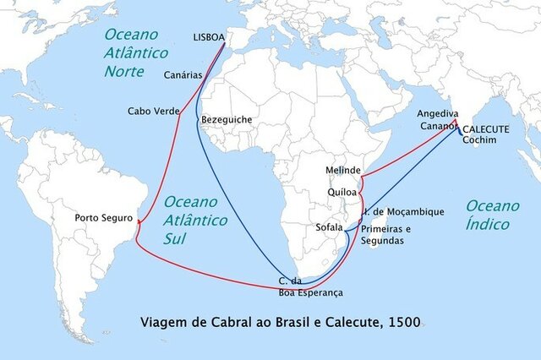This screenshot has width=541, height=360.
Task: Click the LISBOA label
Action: [x=210, y=38]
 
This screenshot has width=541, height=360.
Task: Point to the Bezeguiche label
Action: [x=227, y=120]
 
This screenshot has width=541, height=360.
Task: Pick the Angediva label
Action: [x=438, y=113]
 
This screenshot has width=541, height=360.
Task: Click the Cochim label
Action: [x=480, y=140]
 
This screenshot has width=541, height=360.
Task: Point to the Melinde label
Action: [x=343, y=171]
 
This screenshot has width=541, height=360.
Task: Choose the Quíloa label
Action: [x=342, y=192]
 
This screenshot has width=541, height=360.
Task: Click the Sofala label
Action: [x=329, y=228]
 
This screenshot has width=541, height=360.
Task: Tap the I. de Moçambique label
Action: [x=403, y=211]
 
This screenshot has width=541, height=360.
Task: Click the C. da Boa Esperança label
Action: [x=310, y=286]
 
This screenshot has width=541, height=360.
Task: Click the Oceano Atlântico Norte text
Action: [x=136, y=52]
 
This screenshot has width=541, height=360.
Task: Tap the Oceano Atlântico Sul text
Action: [x=195, y=220]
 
